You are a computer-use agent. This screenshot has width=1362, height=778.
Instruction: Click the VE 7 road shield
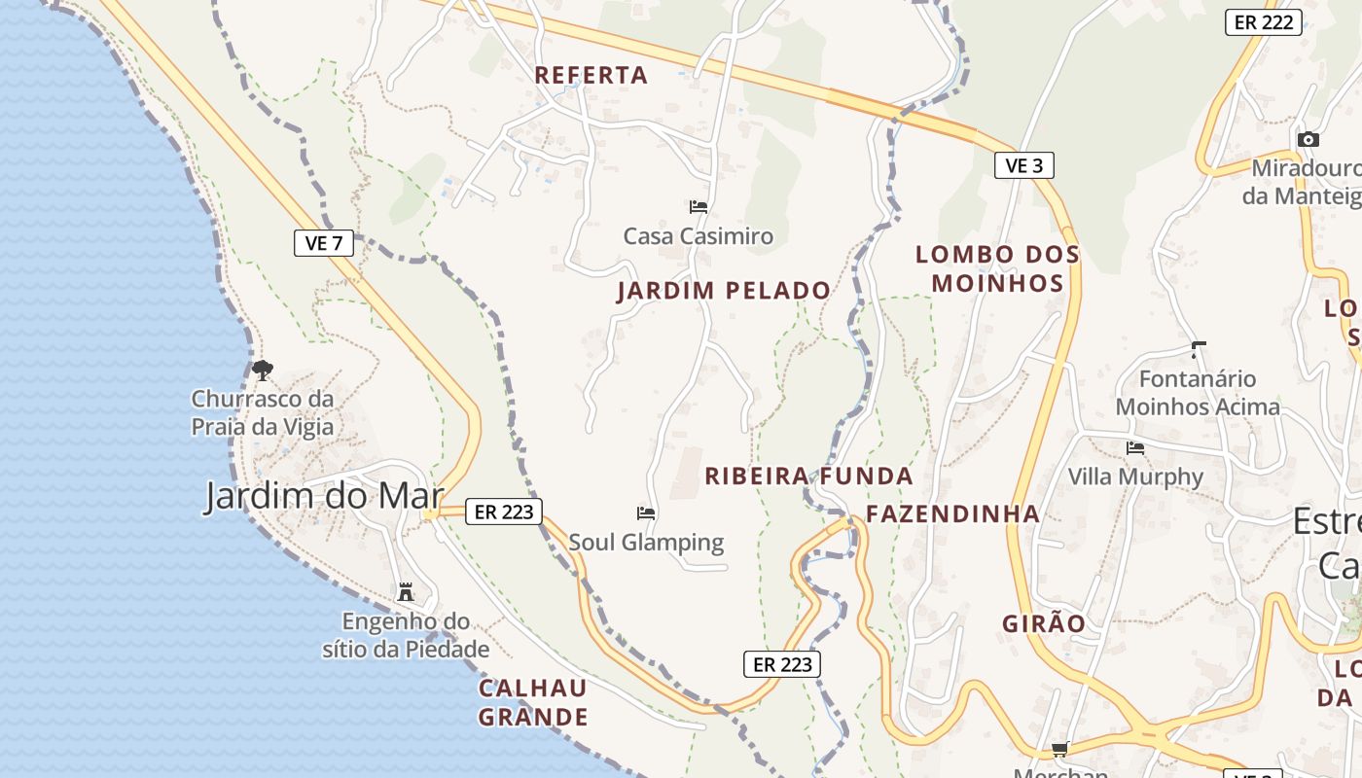(324, 243)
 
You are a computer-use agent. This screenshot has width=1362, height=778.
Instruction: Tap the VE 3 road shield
(1023, 165)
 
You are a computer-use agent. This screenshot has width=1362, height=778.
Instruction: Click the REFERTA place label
(591, 75)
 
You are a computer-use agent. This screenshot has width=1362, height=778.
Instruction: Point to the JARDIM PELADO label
(724, 291)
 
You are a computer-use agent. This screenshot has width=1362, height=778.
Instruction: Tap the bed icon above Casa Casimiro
(699, 206)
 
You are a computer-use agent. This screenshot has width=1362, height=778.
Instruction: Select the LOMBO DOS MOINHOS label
(997, 268)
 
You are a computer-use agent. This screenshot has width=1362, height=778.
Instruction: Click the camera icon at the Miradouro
(1308, 139)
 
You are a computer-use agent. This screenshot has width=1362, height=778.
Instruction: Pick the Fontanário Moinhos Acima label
(1198, 392)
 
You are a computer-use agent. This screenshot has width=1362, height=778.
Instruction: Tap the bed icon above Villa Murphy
(1135, 447)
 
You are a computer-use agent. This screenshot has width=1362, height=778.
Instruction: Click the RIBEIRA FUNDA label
(808, 477)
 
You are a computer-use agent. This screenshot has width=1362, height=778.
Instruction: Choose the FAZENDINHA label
(952, 513)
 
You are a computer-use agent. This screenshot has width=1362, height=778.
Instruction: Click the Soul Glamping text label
(646, 542)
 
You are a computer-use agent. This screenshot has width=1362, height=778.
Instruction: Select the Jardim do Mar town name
(324, 496)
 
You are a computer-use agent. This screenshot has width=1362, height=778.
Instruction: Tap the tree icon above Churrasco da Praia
(262, 370)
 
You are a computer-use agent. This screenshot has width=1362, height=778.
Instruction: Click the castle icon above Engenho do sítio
(406, 591)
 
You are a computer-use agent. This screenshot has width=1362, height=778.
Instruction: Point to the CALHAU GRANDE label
(533, 703)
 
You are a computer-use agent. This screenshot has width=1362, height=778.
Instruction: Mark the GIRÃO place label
(1044, 623)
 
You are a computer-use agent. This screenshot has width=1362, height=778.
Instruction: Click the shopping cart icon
(1060, 749)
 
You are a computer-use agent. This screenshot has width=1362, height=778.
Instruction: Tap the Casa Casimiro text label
(698, 235)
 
